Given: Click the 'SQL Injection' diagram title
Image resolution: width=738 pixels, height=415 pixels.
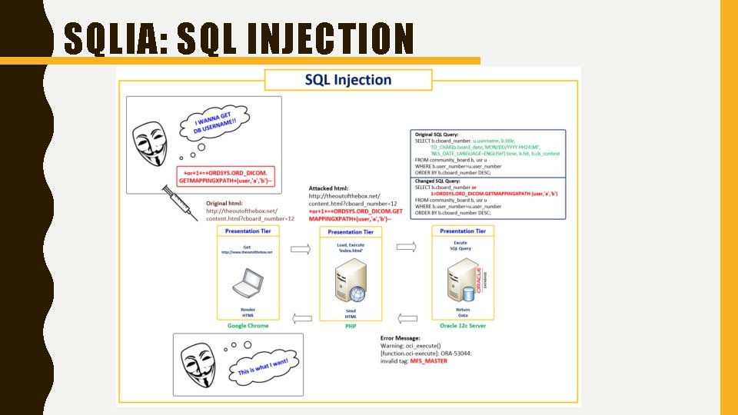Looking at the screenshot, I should (347, 80).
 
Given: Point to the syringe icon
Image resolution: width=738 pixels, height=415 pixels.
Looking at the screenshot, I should (178, 201).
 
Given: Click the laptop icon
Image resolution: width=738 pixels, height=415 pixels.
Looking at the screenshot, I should (248, 284).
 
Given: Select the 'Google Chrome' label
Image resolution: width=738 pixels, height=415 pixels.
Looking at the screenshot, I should (248, 326).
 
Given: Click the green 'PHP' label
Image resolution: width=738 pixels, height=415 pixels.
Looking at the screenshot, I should (351, 326).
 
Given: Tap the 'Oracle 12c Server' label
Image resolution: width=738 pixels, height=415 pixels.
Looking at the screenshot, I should (462, 326).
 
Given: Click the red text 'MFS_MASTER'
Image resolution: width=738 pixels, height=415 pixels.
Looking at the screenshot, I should (429, 360).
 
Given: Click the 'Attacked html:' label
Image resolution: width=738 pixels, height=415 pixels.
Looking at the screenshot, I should (329, 188).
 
